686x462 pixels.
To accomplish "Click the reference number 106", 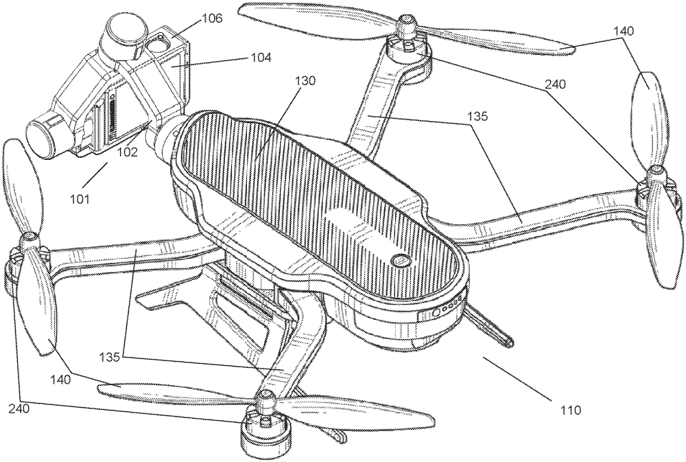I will click(x=212, y=19).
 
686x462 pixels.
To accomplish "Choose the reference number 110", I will click(x=569, y=411).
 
